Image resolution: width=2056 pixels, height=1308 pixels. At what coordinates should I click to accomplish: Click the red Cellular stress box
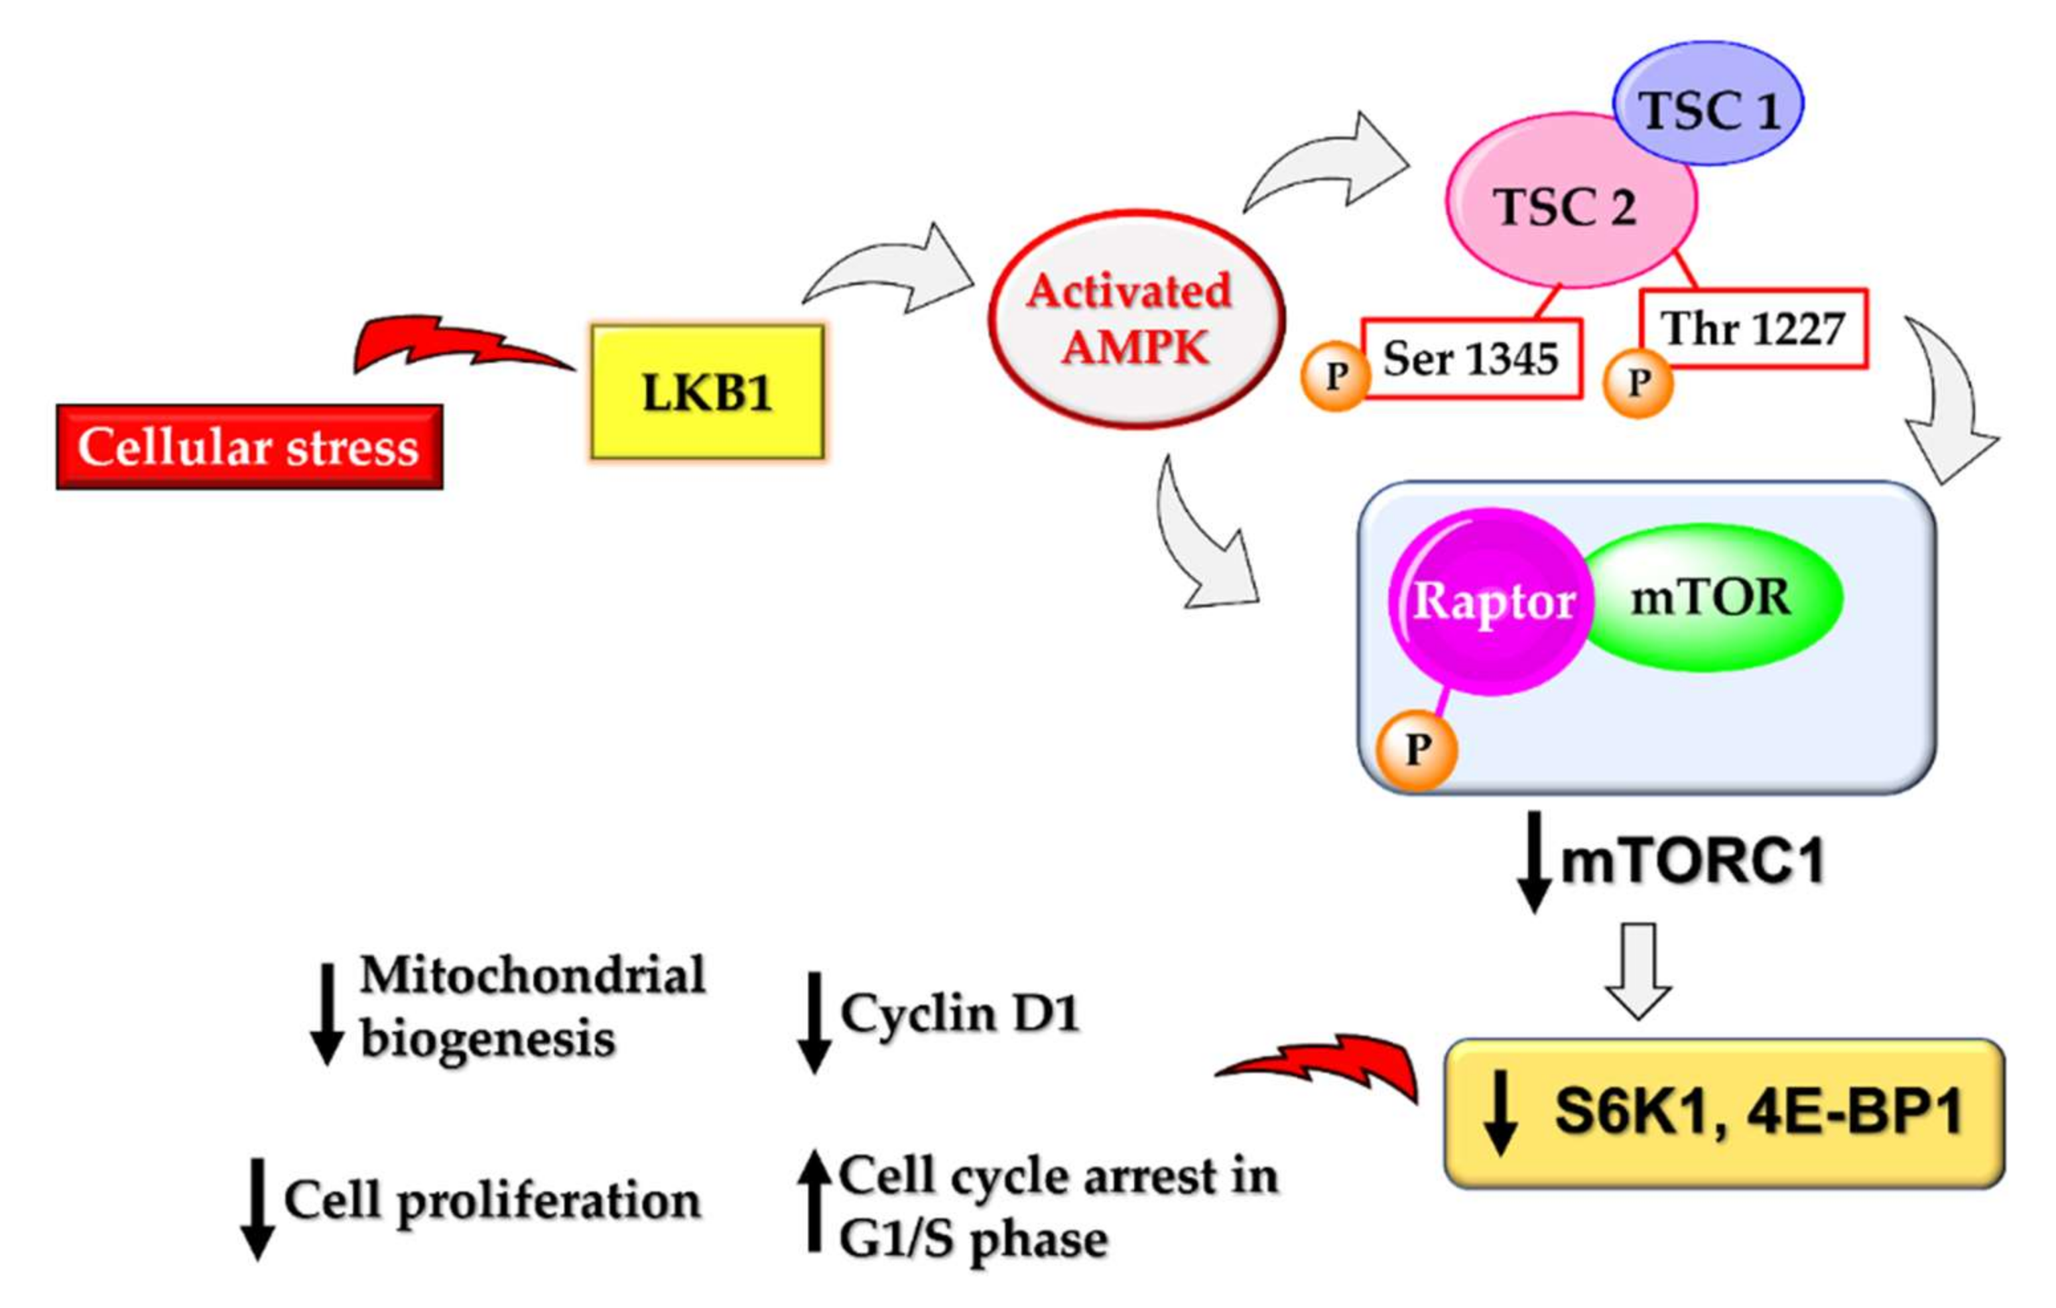coord(249,446)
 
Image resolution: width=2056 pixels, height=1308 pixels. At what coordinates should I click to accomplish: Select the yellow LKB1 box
coord(707,392)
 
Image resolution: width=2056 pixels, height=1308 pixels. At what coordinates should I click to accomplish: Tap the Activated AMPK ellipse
coord(1135,319)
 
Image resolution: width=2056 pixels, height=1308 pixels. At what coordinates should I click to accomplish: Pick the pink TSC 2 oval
coord(1563,205)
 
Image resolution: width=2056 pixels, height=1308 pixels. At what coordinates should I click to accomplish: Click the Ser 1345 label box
coord(1470,359)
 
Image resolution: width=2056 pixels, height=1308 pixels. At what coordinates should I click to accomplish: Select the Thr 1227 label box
coord(1754,329)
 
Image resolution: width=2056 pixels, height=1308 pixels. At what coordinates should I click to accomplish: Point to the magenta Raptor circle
coord(1490,601)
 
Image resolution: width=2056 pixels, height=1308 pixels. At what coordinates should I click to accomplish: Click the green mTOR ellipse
coord(1712,598)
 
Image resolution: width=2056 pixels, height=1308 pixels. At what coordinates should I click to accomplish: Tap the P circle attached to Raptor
coord(1417,750)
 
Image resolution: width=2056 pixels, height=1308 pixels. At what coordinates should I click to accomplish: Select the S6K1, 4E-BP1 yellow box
coord(1723,1112)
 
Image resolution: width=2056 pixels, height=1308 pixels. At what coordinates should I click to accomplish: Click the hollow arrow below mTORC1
coord(1638,970)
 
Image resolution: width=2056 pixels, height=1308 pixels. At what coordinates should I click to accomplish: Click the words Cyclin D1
coord(959,1014)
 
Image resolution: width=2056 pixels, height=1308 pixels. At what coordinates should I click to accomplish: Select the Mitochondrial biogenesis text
coord(531,1007)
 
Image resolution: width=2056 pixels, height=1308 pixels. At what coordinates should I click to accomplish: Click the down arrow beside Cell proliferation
coord(256,1207)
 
